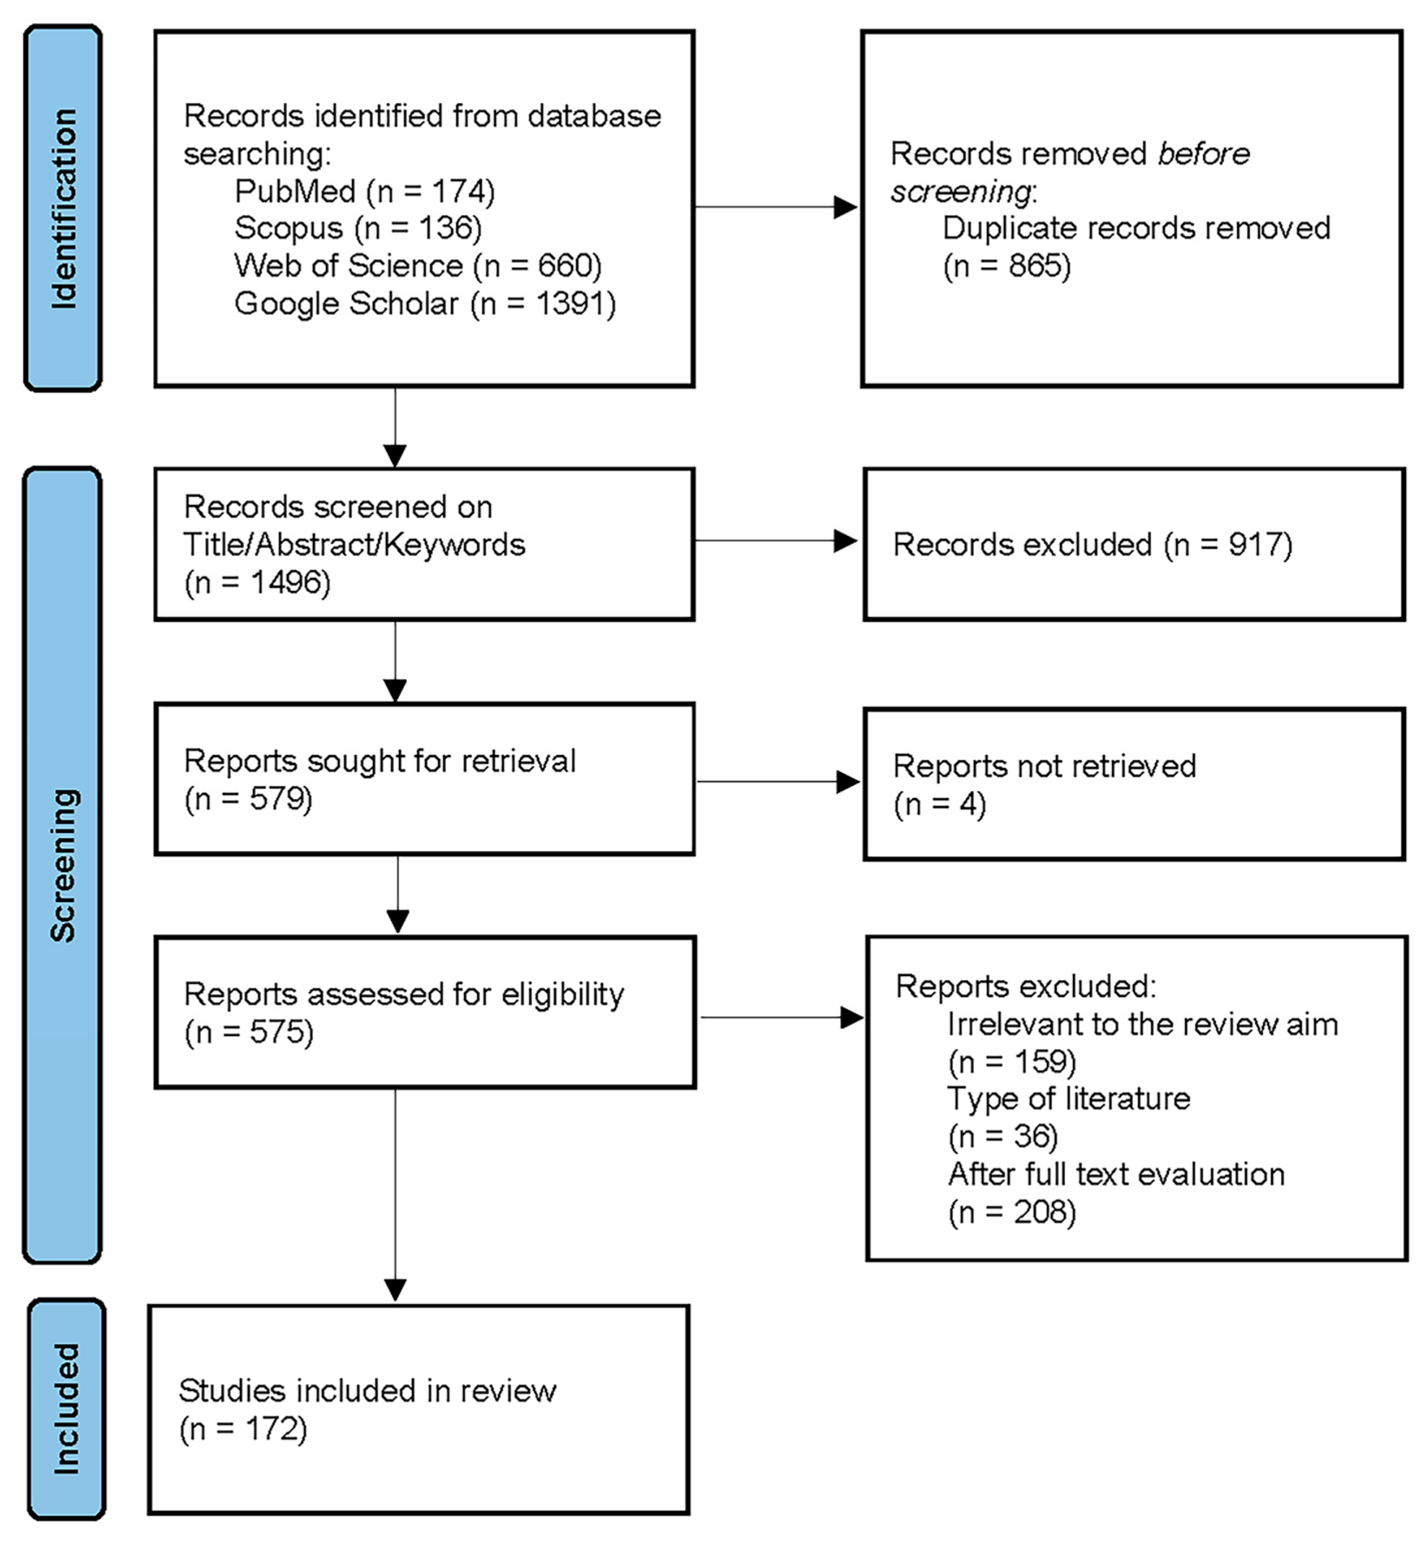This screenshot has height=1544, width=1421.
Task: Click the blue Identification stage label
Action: pos(63,208)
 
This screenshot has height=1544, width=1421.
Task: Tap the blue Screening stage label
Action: pos(63,865)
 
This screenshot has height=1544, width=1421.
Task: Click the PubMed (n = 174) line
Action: pos(365,191)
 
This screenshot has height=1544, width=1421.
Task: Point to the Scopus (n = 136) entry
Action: pos(358,228)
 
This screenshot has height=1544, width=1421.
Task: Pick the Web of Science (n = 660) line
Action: pos(418,265)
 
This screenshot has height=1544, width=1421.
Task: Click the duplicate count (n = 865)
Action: pos(1006,266)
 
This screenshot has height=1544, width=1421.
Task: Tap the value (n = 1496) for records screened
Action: pos(257,582)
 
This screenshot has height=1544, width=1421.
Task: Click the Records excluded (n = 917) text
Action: pos(1092,544)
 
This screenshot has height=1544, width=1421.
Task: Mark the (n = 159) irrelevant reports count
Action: pos(1012,1062)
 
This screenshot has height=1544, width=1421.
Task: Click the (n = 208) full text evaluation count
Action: pos(1012,1212)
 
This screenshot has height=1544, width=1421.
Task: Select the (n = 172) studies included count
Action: pos(243,1429)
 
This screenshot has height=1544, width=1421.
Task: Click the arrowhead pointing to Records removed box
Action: pos(845,207)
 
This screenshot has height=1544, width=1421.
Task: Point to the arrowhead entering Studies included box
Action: pos(395,1290)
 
